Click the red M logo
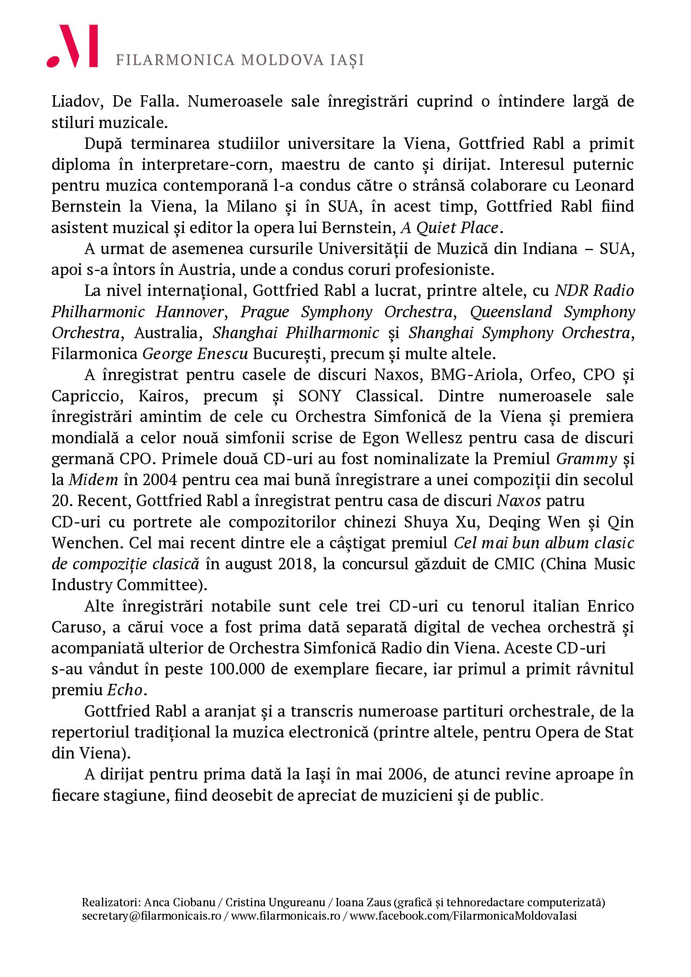pos(72,46)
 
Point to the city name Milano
pos(252,206)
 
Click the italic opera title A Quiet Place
pos(449,228)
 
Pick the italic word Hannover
pos(189,312)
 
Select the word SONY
pos(319,396)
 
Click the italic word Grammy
pos(586,459)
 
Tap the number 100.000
pos(236,669)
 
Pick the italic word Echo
pos(124,690)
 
